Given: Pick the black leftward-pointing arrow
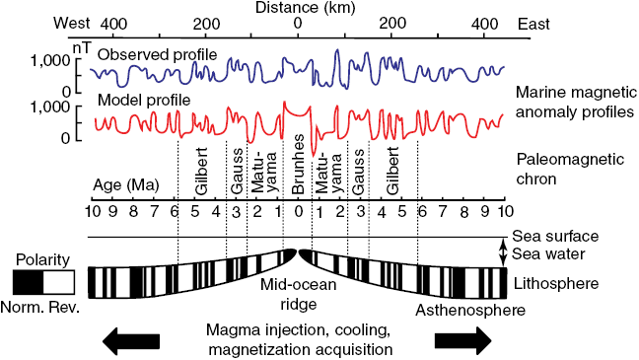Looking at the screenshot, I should point(129,339).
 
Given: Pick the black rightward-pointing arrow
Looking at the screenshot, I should point(461,339).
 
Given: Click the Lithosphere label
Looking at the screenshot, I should point(555,284).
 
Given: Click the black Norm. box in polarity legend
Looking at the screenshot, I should point(28,283).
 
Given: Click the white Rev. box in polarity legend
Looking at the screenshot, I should point(61,283).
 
